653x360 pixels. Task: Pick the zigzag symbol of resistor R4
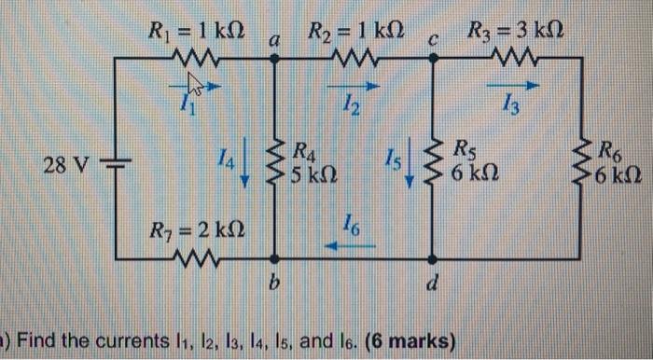274,160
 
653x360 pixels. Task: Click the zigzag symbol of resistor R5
433,160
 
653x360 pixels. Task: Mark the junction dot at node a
274,56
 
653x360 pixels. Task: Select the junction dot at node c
433,56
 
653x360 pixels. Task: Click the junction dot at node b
274,259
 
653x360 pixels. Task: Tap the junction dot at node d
433,259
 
